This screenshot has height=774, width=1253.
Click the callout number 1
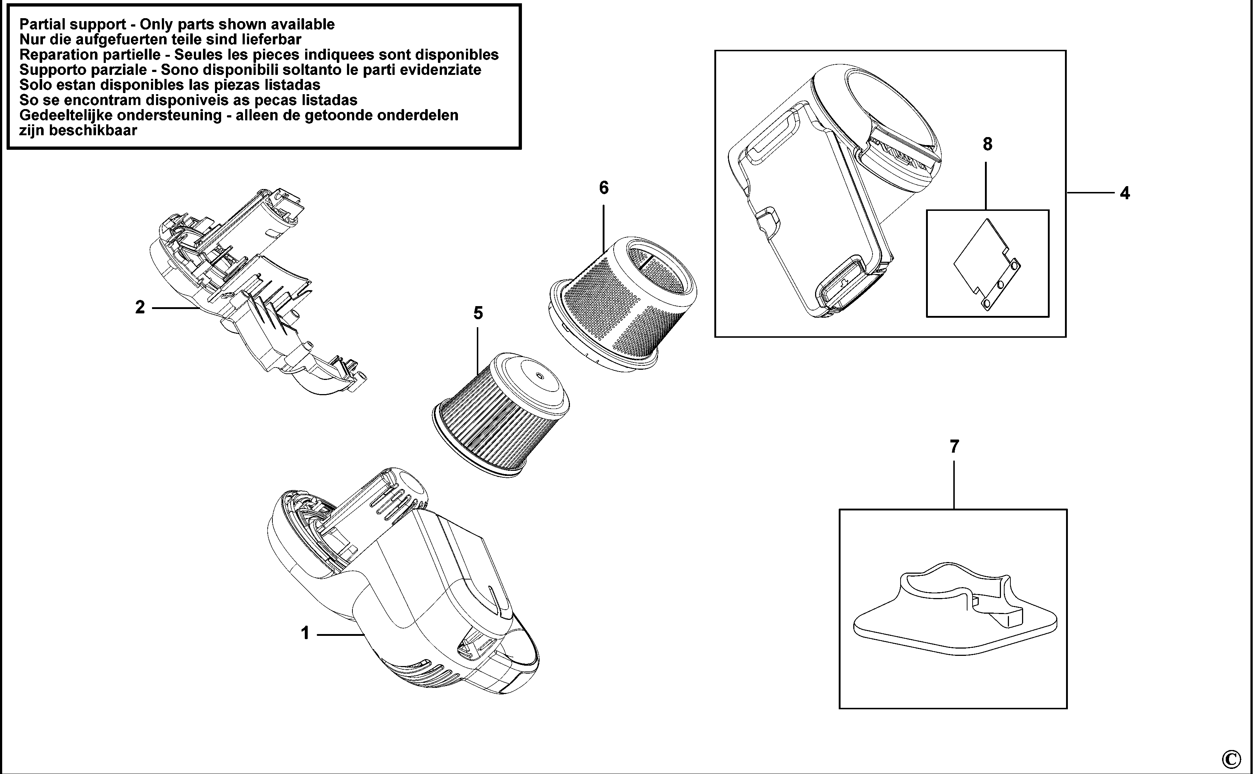(x=305, y=634)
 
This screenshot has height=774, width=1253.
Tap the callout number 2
(x=140, y=307)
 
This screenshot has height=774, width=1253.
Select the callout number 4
(x=1125, y=193)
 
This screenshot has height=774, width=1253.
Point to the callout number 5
(x=478, y=313)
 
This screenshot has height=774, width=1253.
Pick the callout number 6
(x=604, y=188)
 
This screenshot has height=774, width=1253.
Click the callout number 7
(x=954, y=447)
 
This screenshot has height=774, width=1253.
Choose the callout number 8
(x=987, y=144)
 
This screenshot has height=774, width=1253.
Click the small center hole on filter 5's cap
(x=539, y=376)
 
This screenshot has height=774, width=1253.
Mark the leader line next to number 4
(x=1091, y=193)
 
